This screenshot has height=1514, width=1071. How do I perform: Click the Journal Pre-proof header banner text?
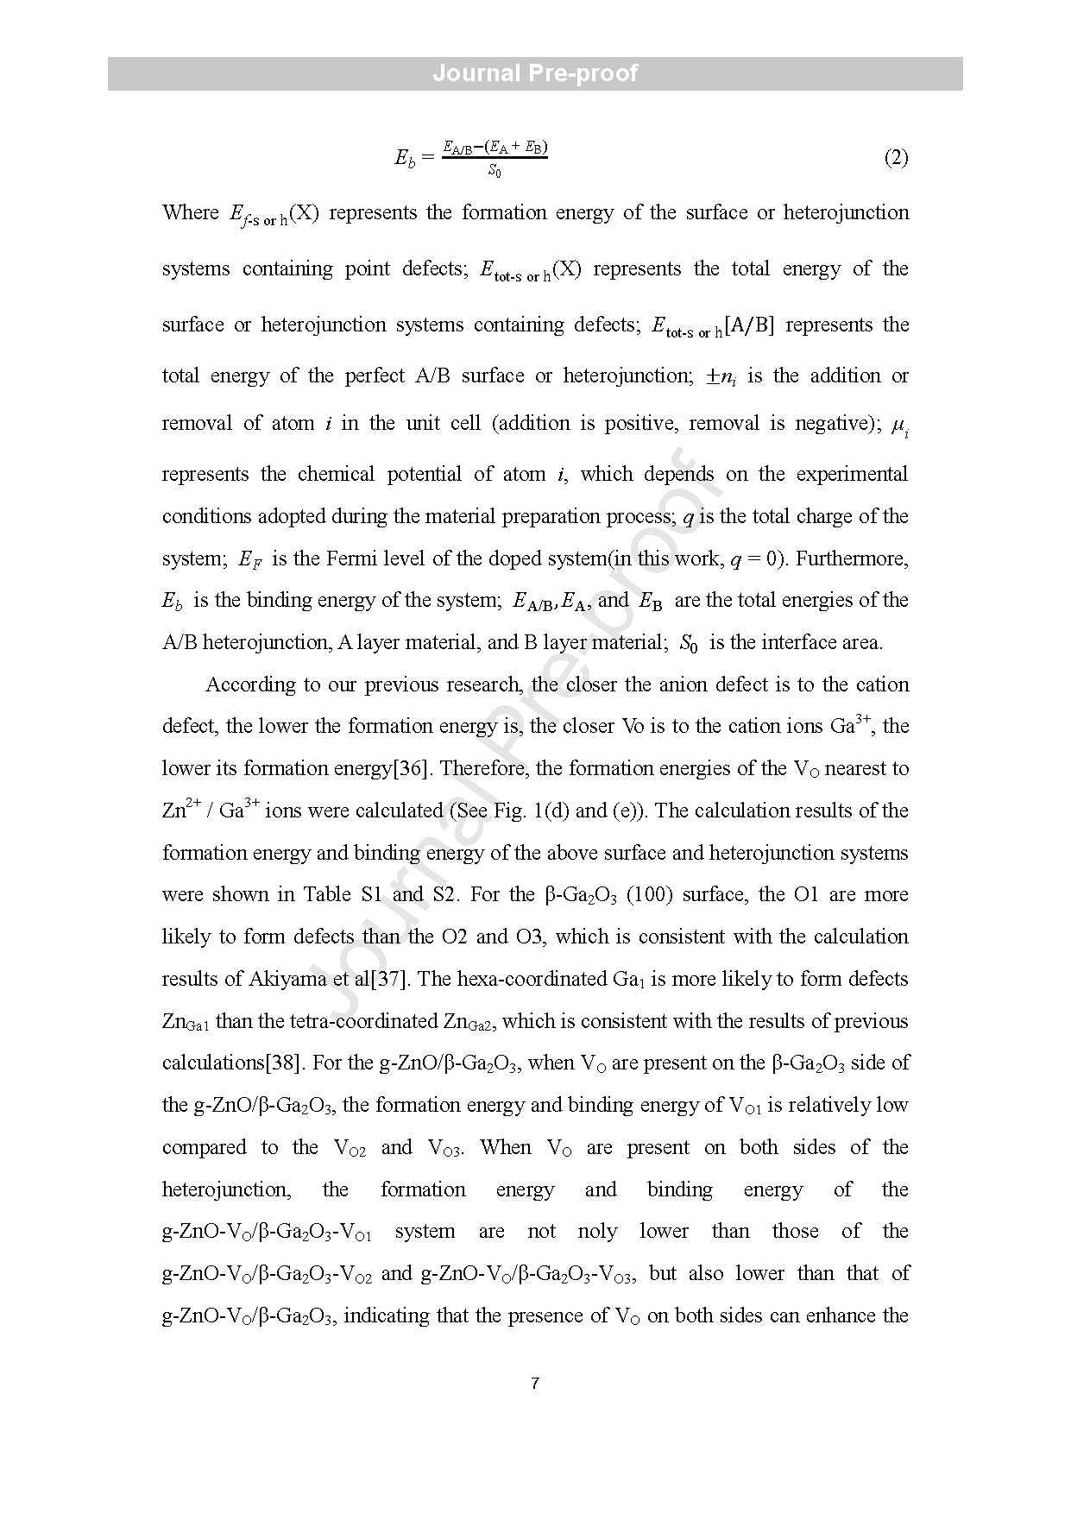tap(535, 73)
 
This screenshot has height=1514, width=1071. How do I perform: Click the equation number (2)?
tap(896, 158)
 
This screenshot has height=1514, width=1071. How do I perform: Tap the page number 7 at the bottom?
tap(535, 1385)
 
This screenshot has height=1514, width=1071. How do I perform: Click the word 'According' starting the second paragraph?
tap(249, 684)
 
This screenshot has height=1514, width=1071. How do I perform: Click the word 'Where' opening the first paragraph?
tap(191, 212)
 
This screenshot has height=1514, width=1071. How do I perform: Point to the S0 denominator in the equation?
tap(495, 171)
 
